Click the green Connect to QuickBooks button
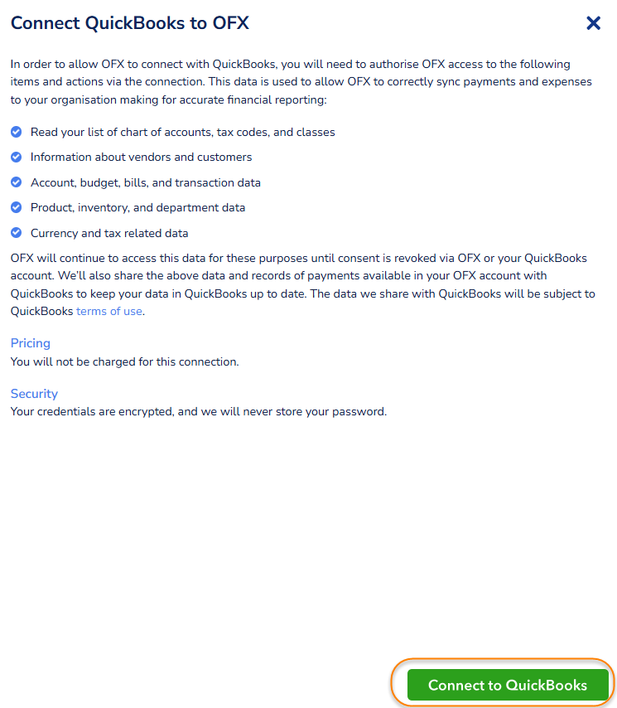coord(508,685)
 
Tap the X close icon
coord(593,23)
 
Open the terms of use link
coord(109,312)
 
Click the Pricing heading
coord(31,343)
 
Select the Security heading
coord(34,394)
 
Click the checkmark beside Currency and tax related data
coord(17,233)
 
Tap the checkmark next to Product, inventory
coord(17,207)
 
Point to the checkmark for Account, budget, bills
coord(17,182)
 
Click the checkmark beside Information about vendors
coord(17,157)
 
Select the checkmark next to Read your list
coord(17,132)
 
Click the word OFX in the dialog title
coord(231,23)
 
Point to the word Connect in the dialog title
coord(46,23)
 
